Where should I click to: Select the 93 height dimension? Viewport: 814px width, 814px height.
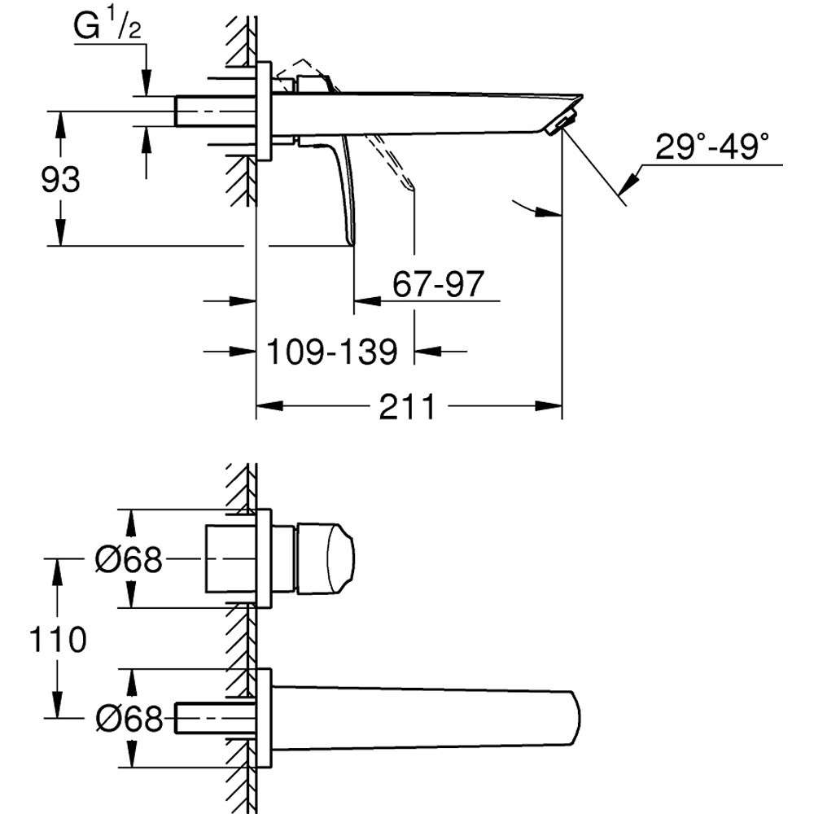pos(61,179)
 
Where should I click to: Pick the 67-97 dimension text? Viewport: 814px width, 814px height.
pos(438,284)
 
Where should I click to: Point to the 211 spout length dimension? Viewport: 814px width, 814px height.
pos(406,406)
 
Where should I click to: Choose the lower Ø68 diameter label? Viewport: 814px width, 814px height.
pos(129,718)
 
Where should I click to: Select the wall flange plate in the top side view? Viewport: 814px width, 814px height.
pos(265,111)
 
